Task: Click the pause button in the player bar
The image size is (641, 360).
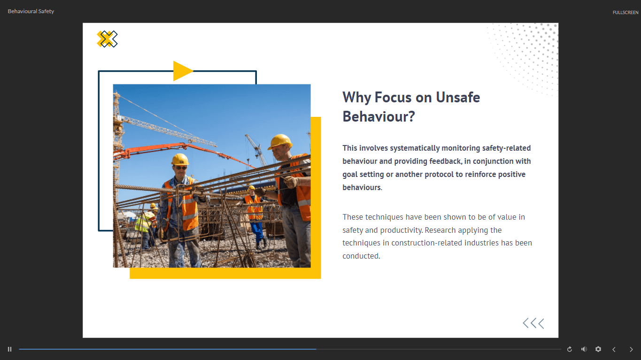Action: click(x=9, y=349)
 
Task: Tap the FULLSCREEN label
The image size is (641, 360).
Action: click(x=625, y=13)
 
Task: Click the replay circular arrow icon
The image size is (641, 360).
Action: click(x=570, y=349)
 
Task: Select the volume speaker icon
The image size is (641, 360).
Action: click(x=584, y=349)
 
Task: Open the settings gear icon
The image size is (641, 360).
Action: click(x=598, y=349)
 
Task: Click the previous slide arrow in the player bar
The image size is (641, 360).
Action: click(x=614, y=349)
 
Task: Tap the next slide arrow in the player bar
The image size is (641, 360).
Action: click(x=631, y=349)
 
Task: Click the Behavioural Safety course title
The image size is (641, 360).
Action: click(x=31, y=11)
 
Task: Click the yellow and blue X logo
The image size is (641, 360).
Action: click(x=107, y=39)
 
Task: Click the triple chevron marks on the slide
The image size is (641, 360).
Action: click(x=533, y=323)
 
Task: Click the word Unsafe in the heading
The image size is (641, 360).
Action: click(x=458, y=97)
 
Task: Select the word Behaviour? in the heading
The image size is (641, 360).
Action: click(x=378, y=116)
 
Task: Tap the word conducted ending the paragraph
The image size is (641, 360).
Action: click(x=361, y=256)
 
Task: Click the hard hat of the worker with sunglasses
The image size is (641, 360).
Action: click(x=180, y=159)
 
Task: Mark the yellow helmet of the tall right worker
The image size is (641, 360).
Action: click(x=280, y=141)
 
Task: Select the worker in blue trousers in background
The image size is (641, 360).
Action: click(x=254, y=217)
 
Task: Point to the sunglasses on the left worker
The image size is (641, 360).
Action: click(x=181, y=168)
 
